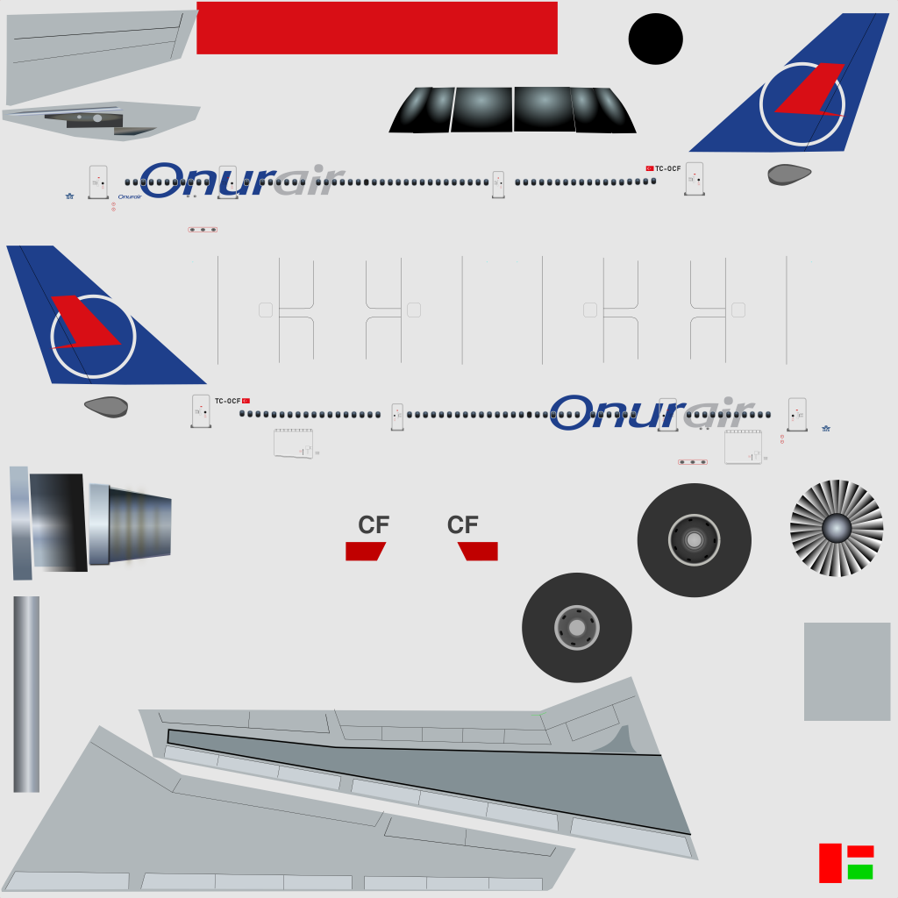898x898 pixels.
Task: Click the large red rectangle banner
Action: [x=377, y=28]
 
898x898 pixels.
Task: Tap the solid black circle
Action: [x=655, y=39]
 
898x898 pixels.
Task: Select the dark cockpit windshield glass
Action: [x=512, y=110]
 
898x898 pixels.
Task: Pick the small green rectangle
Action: [x=860, y=872]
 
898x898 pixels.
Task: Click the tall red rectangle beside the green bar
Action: [x=830, y=863]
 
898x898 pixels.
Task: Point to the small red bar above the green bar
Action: [x=860, y=851]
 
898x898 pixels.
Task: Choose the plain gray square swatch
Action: [x=847, y=672]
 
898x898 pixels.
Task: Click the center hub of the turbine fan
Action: [x=837, y=528]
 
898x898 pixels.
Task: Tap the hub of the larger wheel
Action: [x=694, y=540]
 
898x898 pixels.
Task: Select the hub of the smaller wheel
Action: [x=576, y=628]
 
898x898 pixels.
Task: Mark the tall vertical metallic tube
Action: [x=26, y=694]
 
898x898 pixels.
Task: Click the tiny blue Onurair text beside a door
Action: [x=130, y=196]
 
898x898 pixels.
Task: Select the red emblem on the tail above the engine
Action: [x=83, y=323]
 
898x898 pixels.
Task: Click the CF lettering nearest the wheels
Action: [x=463, y=525]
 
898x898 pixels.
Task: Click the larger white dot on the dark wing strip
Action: [x=96, y=118]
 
